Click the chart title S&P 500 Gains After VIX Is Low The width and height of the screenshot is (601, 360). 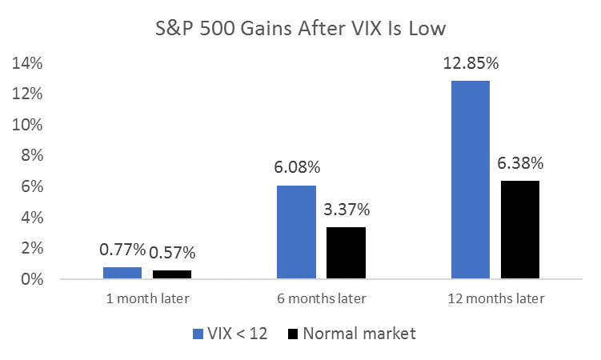300,30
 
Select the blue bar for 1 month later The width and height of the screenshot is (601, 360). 122,273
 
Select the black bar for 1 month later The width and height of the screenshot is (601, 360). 172,274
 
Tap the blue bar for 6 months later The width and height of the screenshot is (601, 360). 296,232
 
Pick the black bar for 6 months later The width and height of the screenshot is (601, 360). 347,253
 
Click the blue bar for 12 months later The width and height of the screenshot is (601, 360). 471,180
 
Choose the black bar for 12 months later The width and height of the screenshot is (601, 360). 520,230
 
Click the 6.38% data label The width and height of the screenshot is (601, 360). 520,164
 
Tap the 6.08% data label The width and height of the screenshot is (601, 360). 296,168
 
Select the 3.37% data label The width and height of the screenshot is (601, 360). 347,210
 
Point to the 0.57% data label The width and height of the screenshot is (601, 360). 172,253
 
